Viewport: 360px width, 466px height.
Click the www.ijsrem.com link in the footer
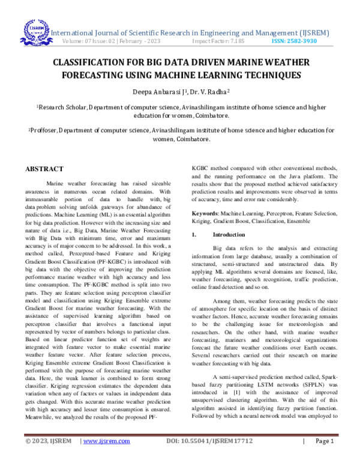(x=107, y=457)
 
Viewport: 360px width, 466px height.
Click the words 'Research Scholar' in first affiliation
(x=62, y=107)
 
